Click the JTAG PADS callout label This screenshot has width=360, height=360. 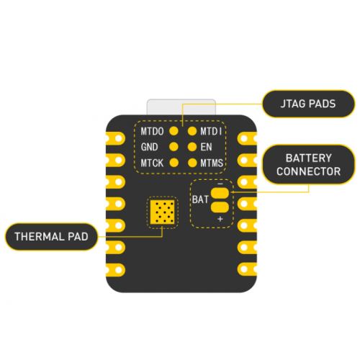click(308, 104)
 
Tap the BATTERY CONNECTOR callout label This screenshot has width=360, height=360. click(308, 165)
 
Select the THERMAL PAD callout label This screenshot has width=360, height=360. click(51, 237)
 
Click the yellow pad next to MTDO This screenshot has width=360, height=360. click(174, 131)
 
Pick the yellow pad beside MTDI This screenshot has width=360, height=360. click(192, 131)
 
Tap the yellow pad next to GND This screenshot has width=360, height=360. click(174, 147)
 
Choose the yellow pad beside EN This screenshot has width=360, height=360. click(192, 147)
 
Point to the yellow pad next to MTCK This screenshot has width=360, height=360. click(174, 163)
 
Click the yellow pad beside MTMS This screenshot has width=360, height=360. click(192, 163)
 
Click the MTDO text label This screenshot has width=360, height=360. click(152, 132)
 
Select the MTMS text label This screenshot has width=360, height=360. click(212, 163)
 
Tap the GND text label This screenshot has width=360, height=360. click(149, 147)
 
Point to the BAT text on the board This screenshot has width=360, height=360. click(200, 199)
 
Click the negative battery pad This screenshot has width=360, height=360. click(220, 193)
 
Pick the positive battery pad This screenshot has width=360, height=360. click(220, 207)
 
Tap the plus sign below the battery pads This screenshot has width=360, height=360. click(220, 219)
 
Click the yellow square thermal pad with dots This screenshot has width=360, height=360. click(163, 212)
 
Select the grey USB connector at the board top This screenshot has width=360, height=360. click(181, 107)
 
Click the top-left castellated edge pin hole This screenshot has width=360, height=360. click(119, 138)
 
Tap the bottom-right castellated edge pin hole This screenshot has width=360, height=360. click(244, 269)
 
